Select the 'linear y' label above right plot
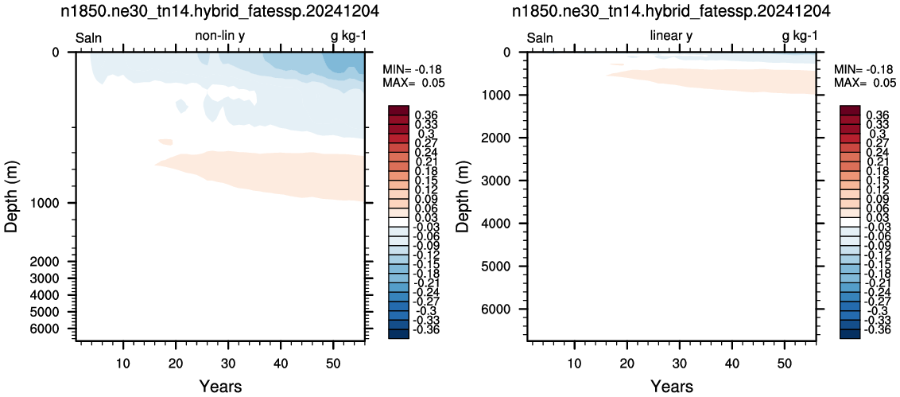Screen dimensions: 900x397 [x=672, y=36]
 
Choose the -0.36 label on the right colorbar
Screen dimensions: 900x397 [x=875, y=330]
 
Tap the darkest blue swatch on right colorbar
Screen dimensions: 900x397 [x=850, y=334]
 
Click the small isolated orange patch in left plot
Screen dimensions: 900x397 [x=166, y=142]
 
